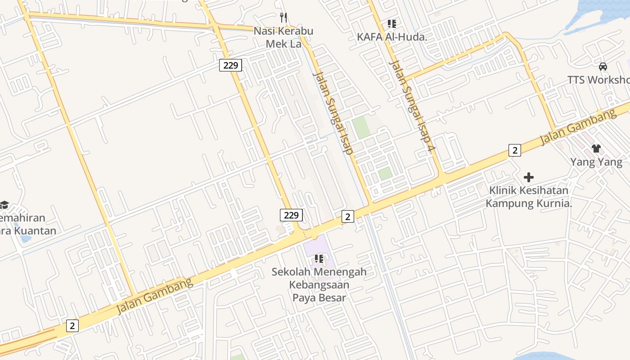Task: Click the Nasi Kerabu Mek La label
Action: click(283, 37)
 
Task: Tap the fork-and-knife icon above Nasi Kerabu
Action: click(283, 18)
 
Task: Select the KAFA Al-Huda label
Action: click(391, 37)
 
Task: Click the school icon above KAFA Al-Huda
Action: click(391, 23)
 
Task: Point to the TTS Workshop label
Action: click(598, 80)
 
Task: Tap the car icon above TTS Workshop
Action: click(603, 67)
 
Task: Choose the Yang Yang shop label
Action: click(596, 162)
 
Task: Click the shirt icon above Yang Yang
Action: click(596, 148)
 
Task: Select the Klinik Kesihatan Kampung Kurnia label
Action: click(529, 197)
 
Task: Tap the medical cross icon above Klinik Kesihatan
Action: click(529, 177)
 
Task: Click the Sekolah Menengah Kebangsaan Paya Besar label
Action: click(319, 284)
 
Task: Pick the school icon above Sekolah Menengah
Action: click(319, 259)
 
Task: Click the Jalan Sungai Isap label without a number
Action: click(333, 113)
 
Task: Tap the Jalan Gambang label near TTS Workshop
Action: click(578, 127)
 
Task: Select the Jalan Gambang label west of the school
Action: click(155, 296)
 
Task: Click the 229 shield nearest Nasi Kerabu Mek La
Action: click(230, 65)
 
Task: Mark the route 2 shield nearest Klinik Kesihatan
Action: click(515, 150)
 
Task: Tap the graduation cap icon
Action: click(4, 205)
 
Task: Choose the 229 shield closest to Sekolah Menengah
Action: click(291, 215)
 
